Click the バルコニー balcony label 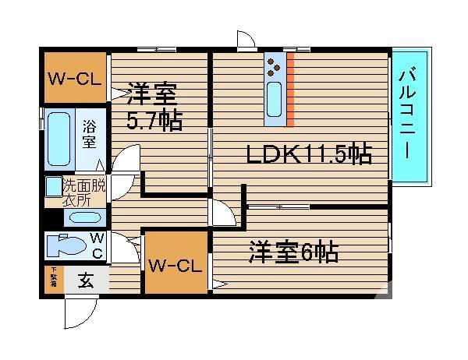coord(410,116)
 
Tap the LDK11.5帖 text coord(307,155)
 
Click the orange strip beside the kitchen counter coord(289,90)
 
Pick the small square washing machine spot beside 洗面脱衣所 coord(52,187)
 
